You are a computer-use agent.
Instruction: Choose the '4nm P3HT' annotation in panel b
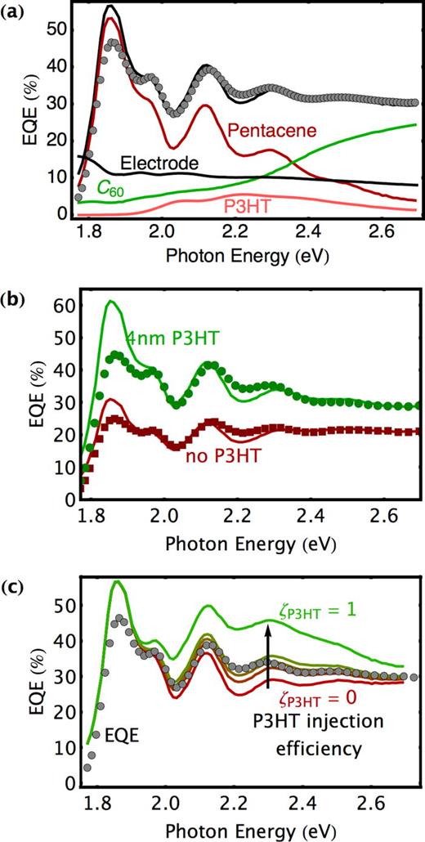pyautogui.click(x=172, y=337)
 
